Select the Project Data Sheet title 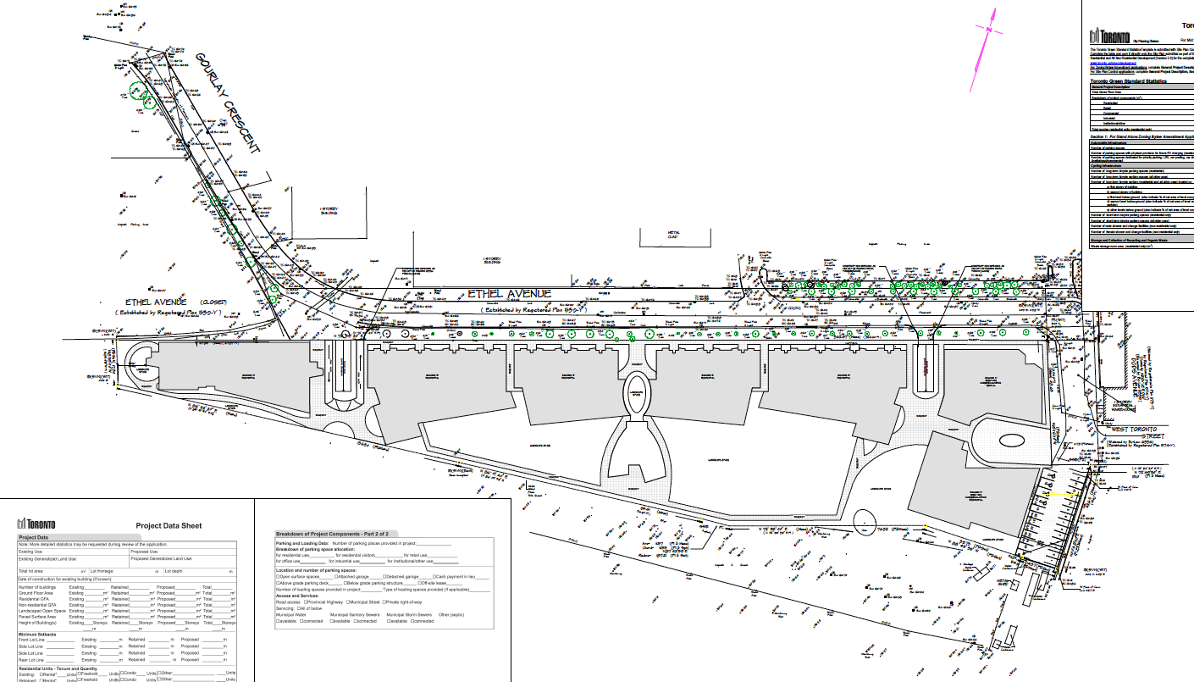click(x=169, y=525)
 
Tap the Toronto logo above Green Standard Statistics click(x=1110, y=36)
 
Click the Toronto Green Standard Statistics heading click(x=1134, y=81)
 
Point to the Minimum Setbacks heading click(x=38, y=634)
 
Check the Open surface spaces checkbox click(x=279, y=577)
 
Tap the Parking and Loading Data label click(x=303, y=543)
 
